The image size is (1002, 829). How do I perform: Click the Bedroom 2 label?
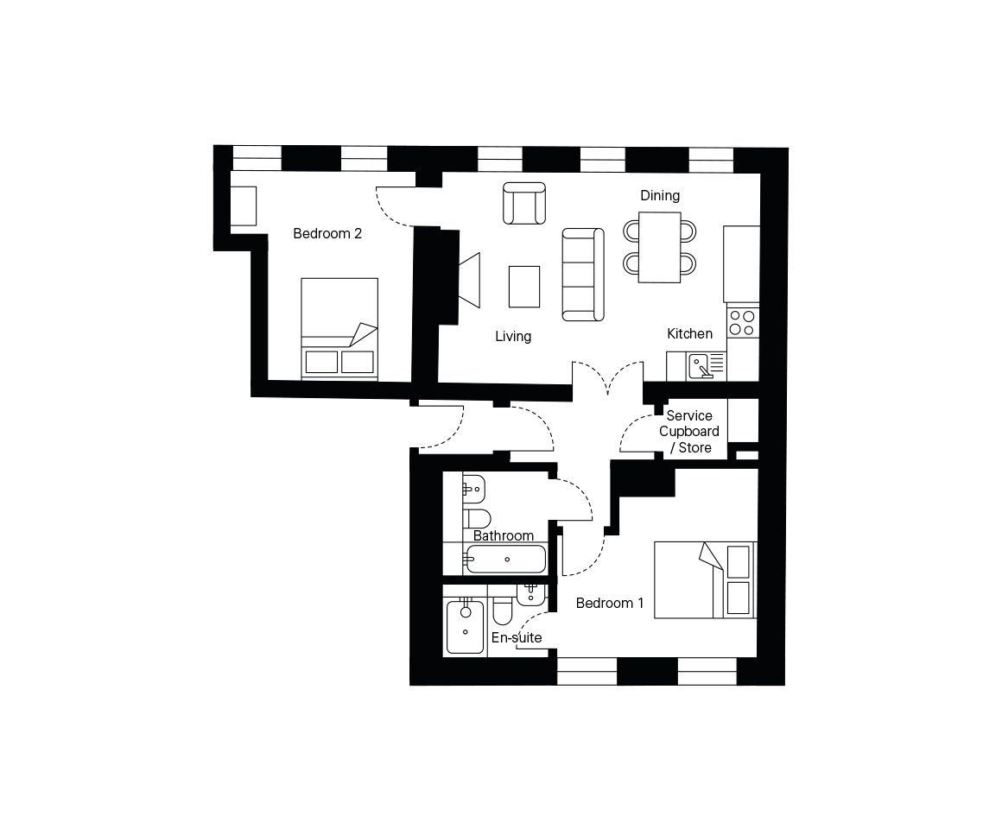(327, 234)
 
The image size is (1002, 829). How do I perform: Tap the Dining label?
(660, 195)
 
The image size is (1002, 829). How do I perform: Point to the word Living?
(513, 336)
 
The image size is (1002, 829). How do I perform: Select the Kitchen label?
(689, 333)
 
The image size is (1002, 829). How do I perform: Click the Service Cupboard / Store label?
(689, 432)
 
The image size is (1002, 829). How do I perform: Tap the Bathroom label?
(504, 535)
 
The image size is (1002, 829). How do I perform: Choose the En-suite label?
(517, 637)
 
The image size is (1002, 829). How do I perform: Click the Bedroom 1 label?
(610, 603)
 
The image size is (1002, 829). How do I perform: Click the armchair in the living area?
(524, 203)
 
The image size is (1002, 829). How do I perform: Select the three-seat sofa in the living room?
(583, 274)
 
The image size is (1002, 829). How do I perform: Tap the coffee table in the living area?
(524, 287)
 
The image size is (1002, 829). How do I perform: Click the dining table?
(659, 247)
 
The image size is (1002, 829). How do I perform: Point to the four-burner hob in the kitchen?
(743, 322)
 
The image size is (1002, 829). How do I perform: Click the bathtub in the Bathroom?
(504, 560)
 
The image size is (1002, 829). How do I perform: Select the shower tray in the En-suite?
(465, 626)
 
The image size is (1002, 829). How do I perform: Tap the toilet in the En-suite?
(502, 611)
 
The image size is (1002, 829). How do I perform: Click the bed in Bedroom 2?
(339, 329)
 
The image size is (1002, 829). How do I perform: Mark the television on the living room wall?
(469, 280)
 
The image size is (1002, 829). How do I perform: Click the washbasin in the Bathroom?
(472, 490)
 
